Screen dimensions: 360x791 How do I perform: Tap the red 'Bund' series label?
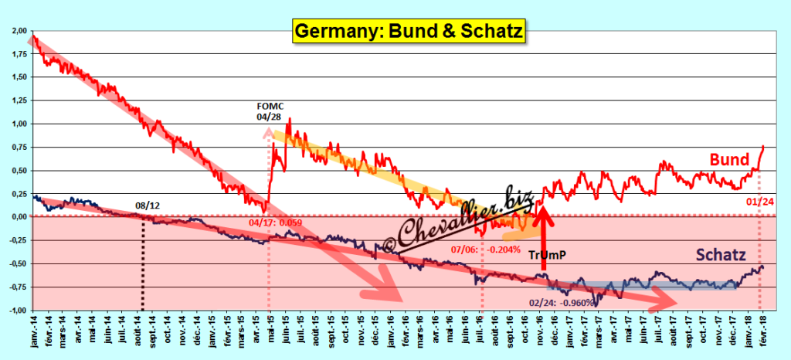click(730, 160)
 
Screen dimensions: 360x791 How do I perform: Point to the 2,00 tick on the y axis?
click(18, 30)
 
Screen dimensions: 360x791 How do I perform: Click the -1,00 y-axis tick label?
click(17, 311)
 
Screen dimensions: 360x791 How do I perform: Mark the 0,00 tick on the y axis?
click(18, 217)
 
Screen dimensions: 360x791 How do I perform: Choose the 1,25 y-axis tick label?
click(18, 100)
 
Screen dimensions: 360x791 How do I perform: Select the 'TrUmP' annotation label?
click(550, 255)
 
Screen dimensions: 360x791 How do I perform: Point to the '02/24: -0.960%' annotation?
click(560, 302)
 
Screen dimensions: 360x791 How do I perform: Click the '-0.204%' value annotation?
click(506, 249)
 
